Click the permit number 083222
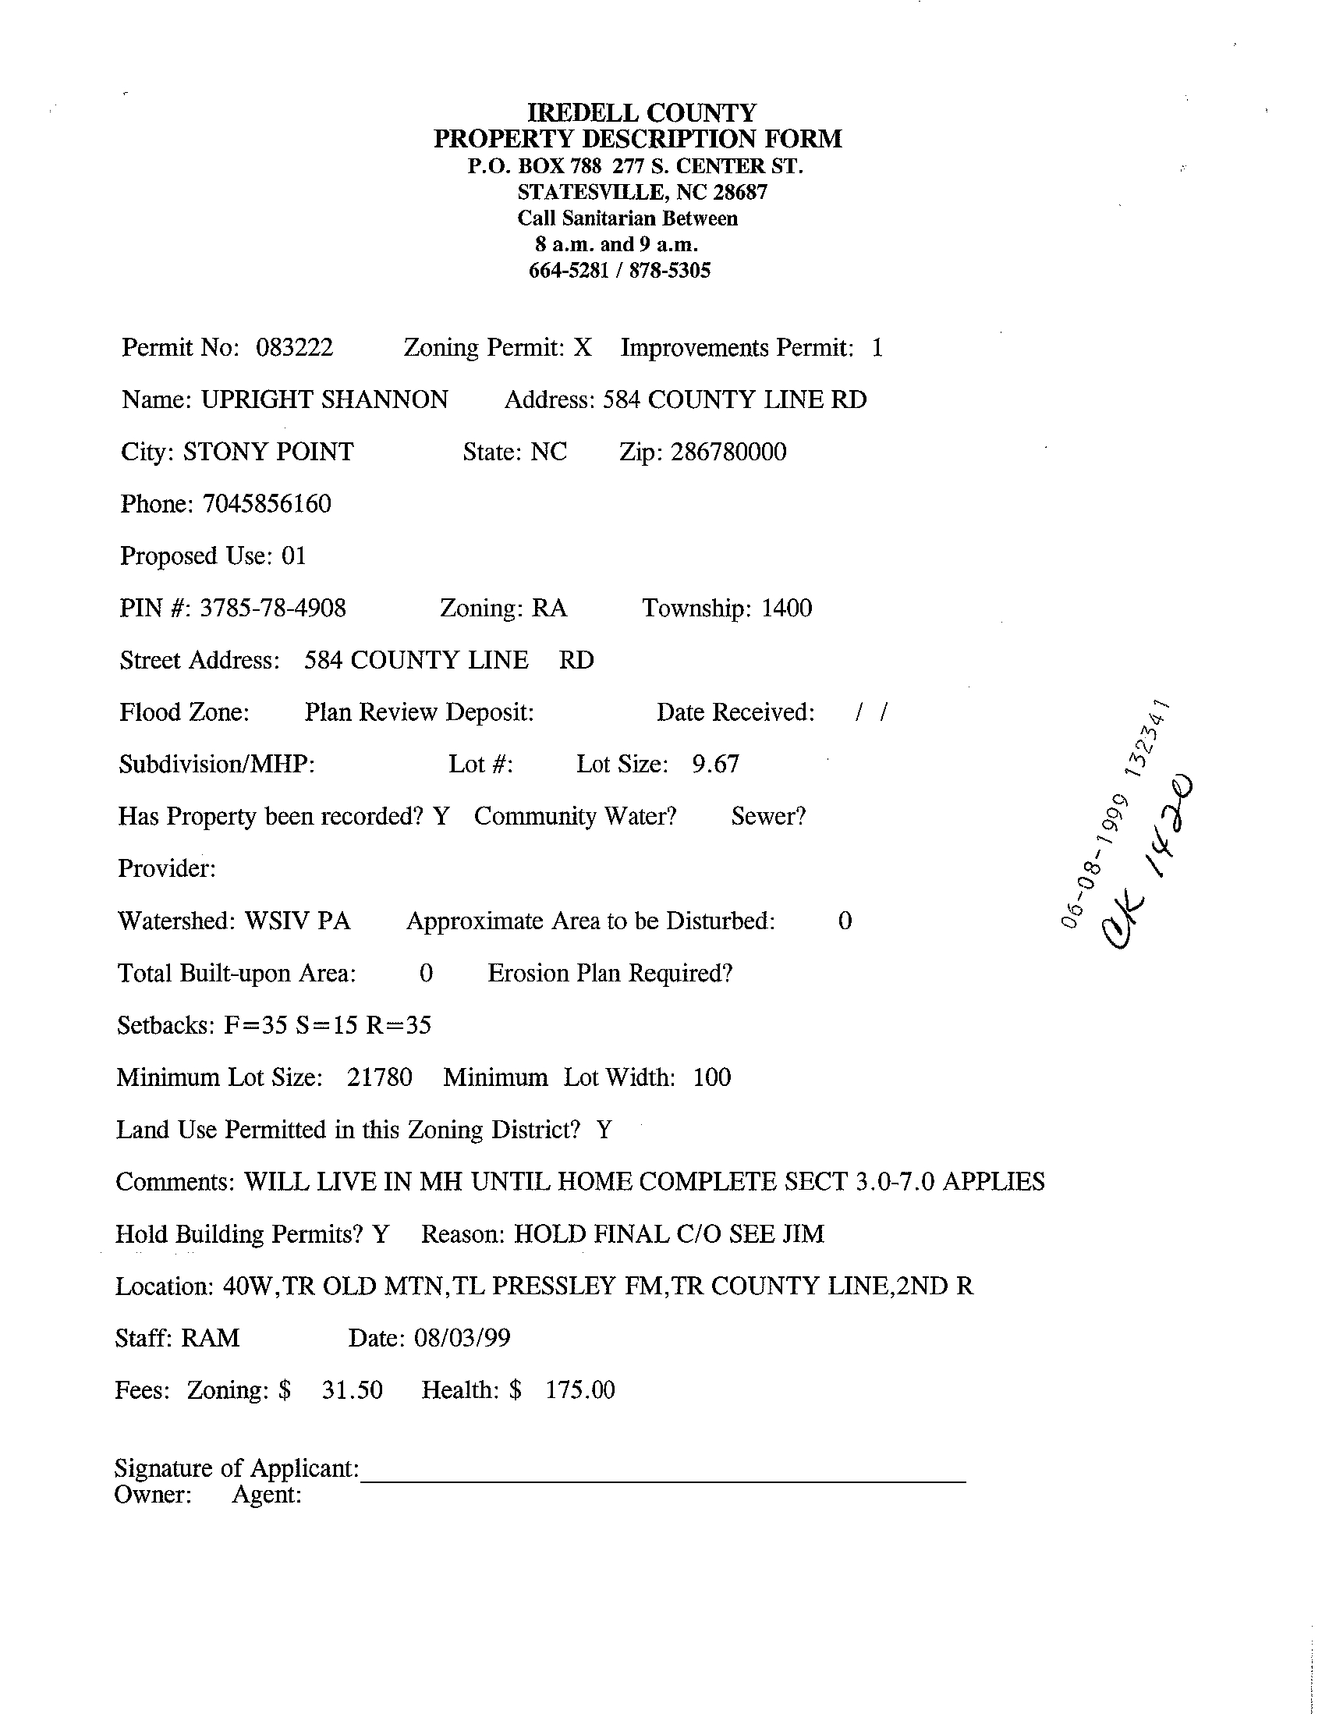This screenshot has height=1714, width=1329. click(x=294, y=348)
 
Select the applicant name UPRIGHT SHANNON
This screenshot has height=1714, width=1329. click(x=324, y=400)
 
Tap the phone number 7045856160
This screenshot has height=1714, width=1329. click(x=267, y=504)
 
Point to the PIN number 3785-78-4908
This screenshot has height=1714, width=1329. click(x=272, y=609)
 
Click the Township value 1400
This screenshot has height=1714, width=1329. click(x=786, y=609)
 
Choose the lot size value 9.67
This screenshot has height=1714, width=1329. click(x=714, y=765)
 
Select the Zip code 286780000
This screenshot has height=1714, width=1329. click(x=728, y=452)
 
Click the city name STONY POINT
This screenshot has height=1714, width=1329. click(x=268, y=452)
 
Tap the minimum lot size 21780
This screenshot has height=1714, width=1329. click(x=379, y=1077)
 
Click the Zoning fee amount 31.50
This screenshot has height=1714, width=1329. click(x=353, y=1391)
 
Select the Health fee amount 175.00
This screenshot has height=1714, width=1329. click(x=579, y=1391)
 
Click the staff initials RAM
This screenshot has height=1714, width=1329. click(x=211, y=1338)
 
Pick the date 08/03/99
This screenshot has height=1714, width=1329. click(x=462, y=1338)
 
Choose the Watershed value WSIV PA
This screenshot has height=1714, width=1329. click(x=297, y=921)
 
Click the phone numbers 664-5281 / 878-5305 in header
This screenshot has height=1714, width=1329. click(x=620, y=271)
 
